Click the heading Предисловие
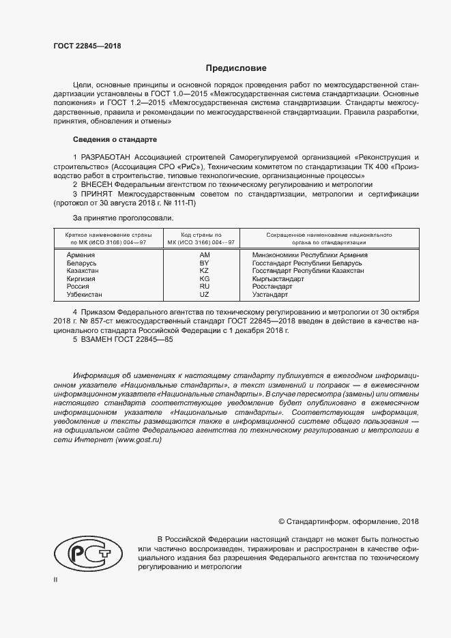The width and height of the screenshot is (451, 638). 237,68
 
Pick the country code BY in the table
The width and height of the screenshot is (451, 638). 203,263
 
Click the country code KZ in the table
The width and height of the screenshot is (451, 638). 203,271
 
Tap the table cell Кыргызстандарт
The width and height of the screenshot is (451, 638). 278,278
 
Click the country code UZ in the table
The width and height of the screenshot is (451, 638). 203,294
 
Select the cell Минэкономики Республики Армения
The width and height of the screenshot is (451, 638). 304,255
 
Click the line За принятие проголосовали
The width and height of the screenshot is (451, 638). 123,218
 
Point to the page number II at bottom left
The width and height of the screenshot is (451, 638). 56,579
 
